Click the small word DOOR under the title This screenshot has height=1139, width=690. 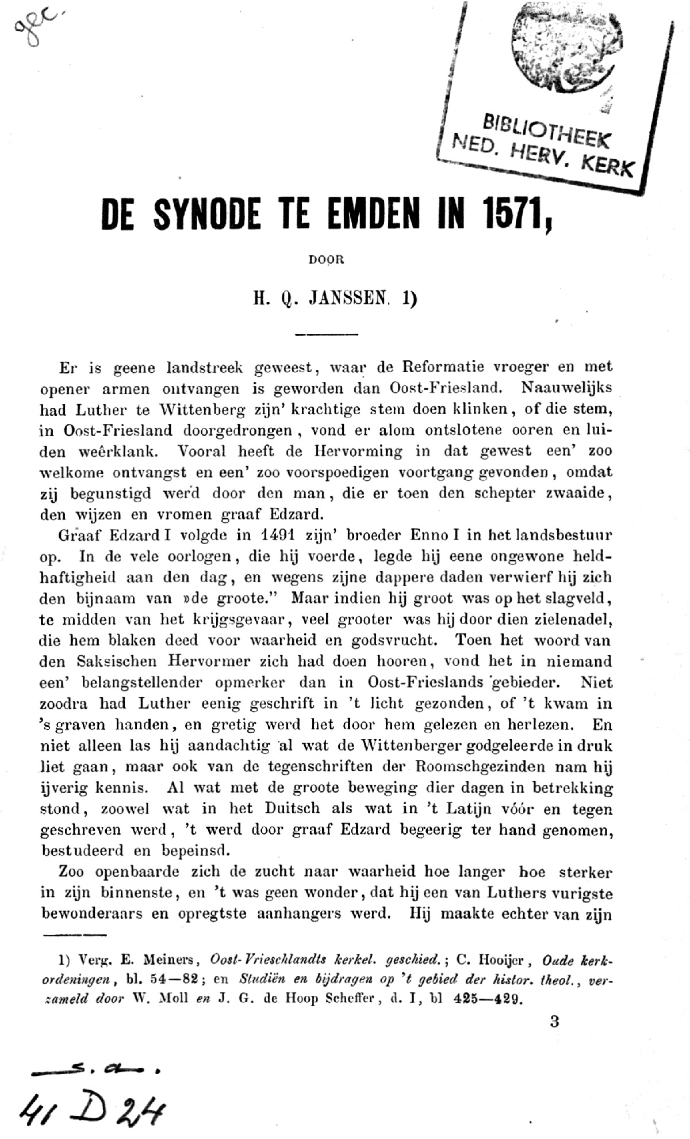[x=326, y=259]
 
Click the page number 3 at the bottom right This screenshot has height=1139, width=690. [x=554, y=1022]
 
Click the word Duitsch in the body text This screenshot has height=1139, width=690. [x=292, y=808]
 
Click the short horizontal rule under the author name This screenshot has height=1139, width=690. [x=326, y=334]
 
